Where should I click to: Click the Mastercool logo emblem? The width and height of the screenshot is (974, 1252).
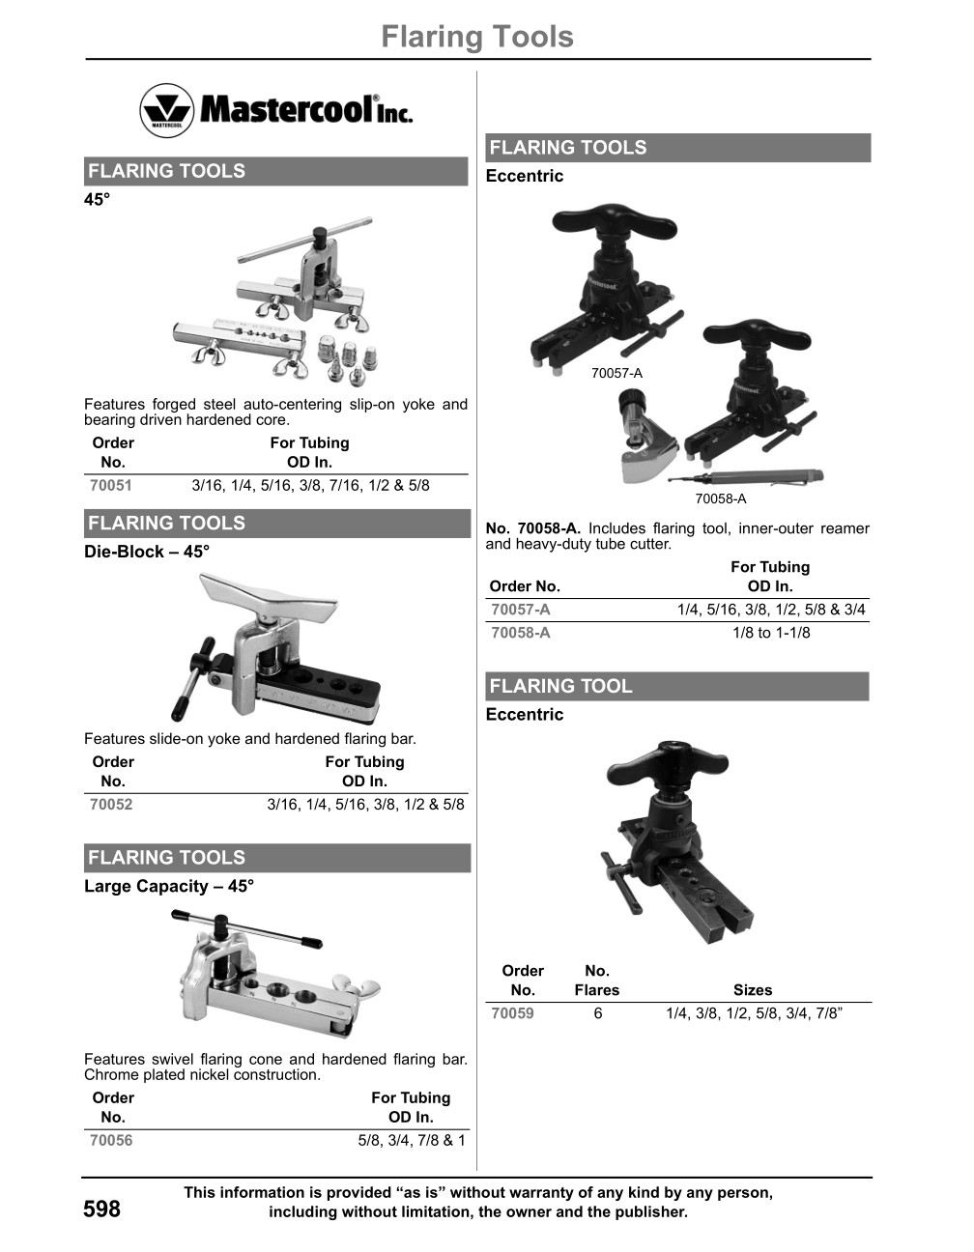[167, 109]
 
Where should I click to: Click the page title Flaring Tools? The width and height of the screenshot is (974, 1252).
[476, 37]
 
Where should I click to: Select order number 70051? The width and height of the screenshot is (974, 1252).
[111, 486]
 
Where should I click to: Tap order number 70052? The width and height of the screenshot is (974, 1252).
[111, 805]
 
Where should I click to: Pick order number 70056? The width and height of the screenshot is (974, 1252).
[111, 1141]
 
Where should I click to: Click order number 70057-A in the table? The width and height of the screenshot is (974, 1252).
[521, 610]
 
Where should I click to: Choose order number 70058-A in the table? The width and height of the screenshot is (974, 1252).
[521, 633]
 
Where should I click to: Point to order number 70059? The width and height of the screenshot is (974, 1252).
[512, 1013]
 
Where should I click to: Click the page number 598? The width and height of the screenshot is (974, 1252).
[102, 1209]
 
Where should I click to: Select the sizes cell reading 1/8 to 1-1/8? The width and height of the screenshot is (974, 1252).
[771, 633]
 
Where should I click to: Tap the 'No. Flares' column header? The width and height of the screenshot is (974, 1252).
[597, 981]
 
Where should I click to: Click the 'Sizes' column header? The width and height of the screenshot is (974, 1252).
[753, 990]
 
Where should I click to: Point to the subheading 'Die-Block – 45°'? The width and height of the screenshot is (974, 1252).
[147, 552]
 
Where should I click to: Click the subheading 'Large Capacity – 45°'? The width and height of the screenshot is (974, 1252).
[169, 886]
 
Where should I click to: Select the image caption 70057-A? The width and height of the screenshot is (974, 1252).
[616, 373]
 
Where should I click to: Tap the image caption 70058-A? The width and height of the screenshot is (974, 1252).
[721, 498]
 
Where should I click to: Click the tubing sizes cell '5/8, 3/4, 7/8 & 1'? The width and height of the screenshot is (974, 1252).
[412, 1141]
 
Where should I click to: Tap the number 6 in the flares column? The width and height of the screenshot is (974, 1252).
[598, 1013]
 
